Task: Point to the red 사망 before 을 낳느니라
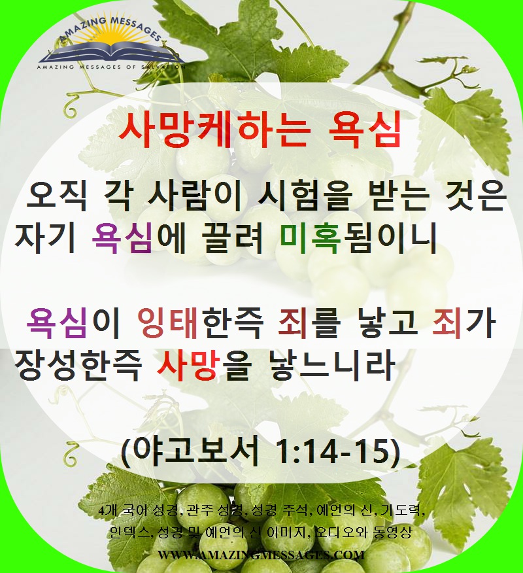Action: click(x=189, y=365)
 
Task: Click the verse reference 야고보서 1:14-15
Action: click(x=261, y=451)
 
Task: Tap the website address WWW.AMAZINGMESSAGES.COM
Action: click(x=261, y=555)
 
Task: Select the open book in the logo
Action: click(x=111, y=52)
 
